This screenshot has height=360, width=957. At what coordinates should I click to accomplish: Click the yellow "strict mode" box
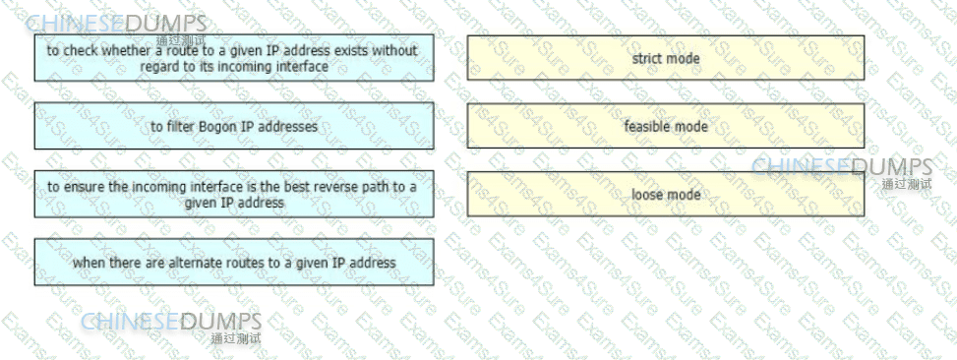tap(666, 58)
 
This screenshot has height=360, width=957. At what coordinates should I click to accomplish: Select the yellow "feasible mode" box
tap(666, 126)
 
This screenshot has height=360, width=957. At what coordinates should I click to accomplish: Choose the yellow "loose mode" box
tap(666, 194)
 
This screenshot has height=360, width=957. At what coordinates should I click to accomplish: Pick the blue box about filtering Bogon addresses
tap(234, 126)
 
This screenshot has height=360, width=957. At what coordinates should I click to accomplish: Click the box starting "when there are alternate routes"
tap(234, 263)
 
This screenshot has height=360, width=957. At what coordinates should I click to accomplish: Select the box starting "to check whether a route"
tap(234, 58)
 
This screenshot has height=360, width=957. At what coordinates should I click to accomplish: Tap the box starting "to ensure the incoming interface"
tap(234, 194)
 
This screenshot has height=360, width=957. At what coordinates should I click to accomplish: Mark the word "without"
tap(394, 50)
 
